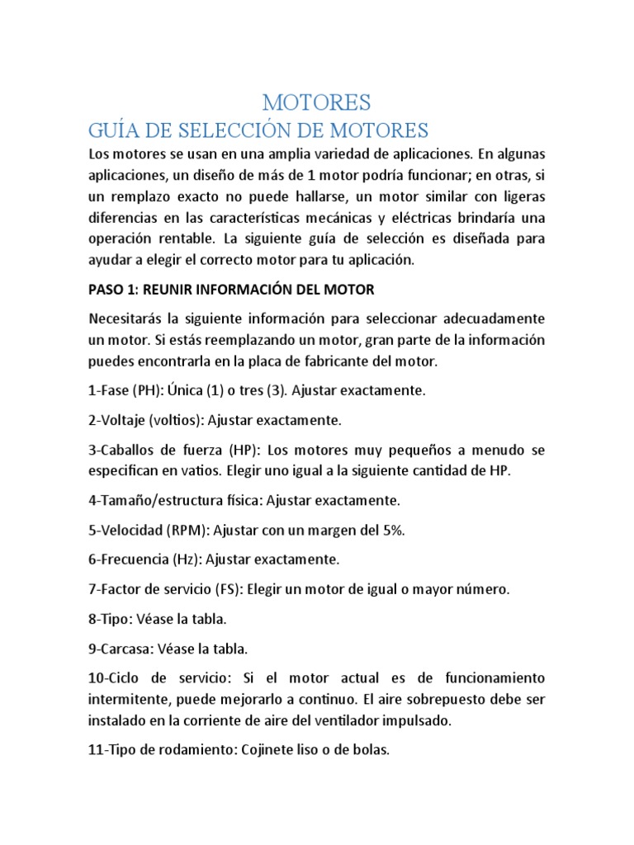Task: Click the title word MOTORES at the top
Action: pos(317,102)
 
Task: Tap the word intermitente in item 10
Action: pos(127,698)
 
